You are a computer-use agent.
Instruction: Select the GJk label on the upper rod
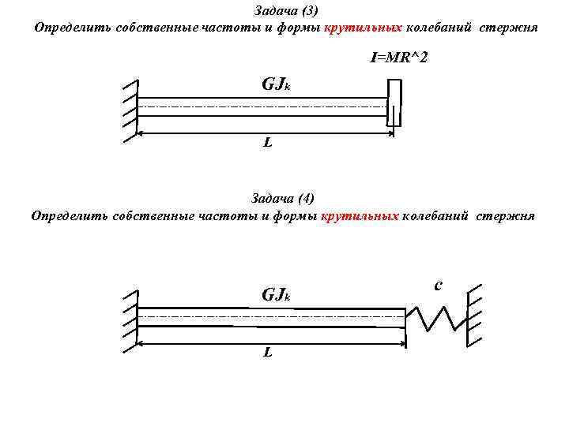point(276,84)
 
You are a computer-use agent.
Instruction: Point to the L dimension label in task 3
point(268,143)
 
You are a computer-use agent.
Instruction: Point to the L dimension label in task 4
point(268,352)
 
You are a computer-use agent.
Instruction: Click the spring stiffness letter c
point(438,285)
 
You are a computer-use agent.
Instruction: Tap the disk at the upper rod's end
point(394,103)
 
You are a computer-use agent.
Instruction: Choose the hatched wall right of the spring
point(475,315)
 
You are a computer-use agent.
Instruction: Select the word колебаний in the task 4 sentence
point(437,215)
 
